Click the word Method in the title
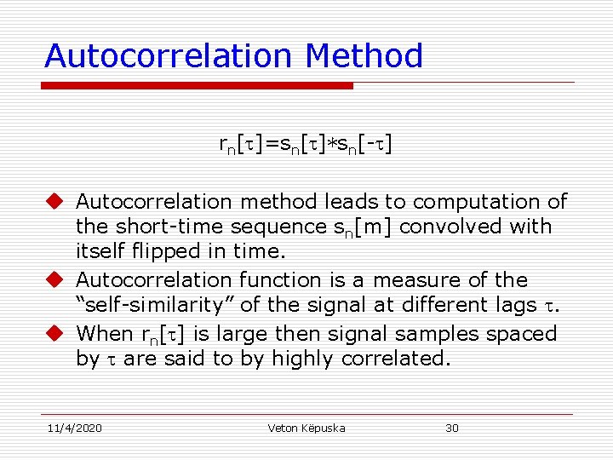click(x=364, y=56)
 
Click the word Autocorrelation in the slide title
click(x=169, y=56)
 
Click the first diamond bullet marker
click(x=55, y=202)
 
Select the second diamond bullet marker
click(x=55, y=280)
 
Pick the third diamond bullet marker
click(x=55, y=334)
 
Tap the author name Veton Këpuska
click(x=306, y=428)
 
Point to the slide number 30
click(x=452, y=428)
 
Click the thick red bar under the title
click(x=198, y=85)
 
